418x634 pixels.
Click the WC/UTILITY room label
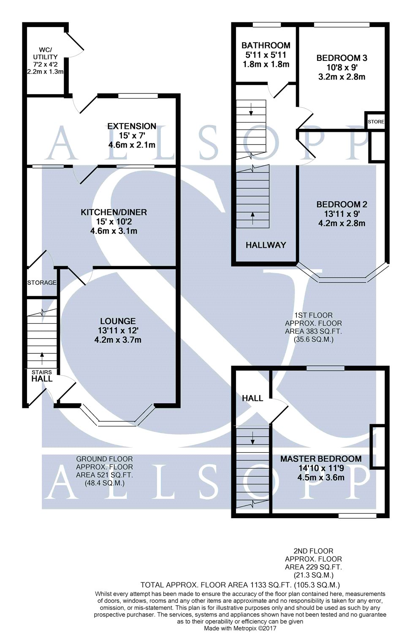(45, 53)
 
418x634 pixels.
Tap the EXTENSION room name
(132, 126)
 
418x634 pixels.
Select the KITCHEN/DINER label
(114, 212)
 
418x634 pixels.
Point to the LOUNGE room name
(118, 321)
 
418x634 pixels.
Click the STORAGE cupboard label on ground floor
(42, 282)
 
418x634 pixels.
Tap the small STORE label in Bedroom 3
(376, 122)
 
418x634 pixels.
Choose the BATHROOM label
(266, 45)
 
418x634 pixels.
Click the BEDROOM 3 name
(342, 58)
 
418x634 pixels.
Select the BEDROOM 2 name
(342, 204)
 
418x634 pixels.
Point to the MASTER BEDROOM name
(321, 459)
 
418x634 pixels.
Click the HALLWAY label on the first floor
(266, 245)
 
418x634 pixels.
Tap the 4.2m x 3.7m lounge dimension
(118, 340)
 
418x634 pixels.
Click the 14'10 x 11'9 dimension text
(321, 468)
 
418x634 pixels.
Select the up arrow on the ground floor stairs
(42, 358)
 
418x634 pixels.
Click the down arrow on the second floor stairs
(252, 438)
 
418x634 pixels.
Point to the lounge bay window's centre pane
(117, 424)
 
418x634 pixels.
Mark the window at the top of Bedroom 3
(342, 25)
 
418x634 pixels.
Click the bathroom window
(267, 25)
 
